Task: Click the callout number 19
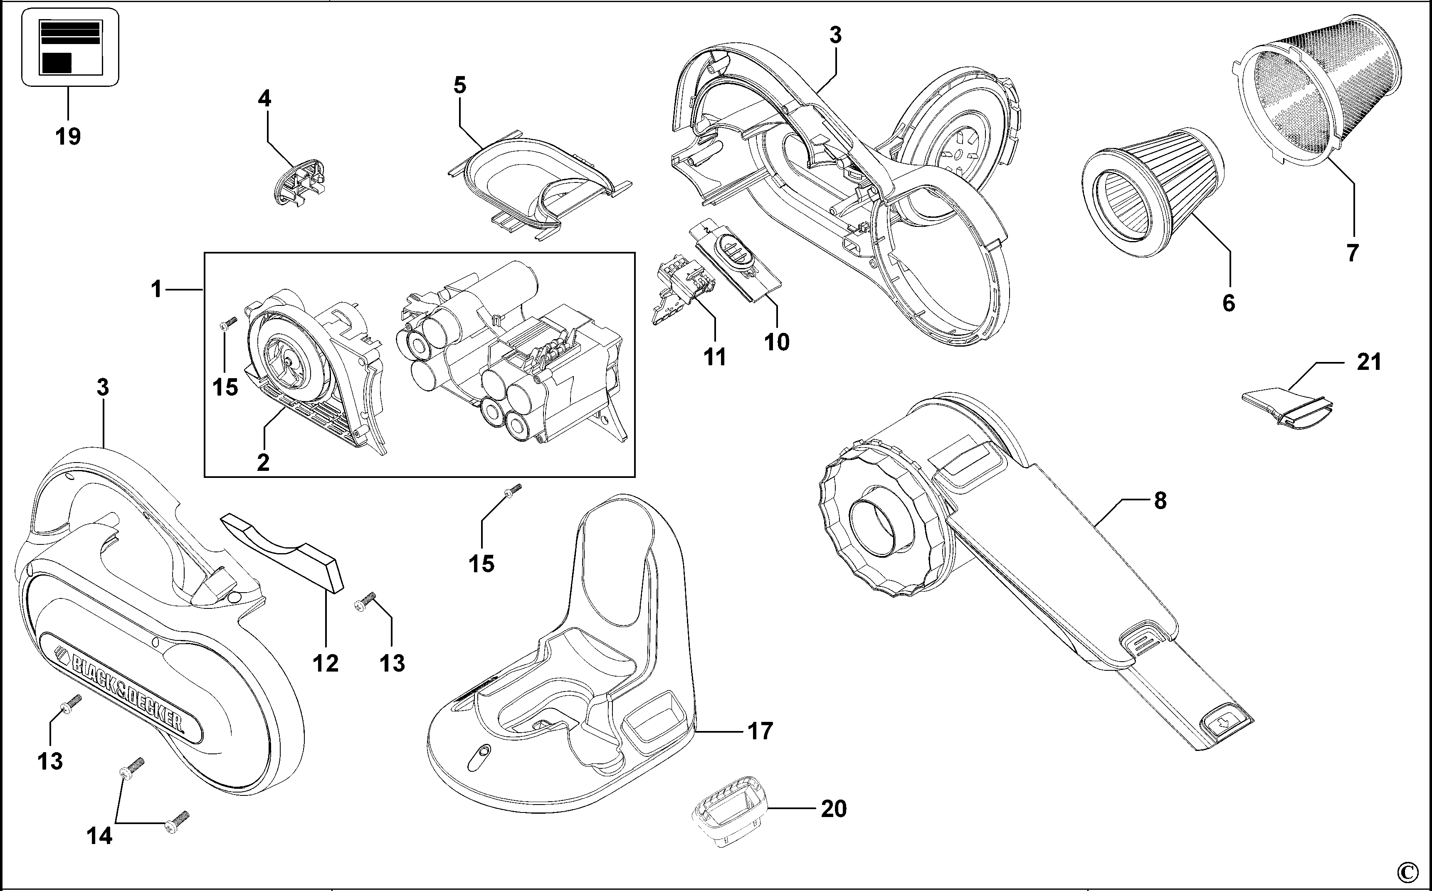(x=68, y=137)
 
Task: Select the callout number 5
(x=460, y=86)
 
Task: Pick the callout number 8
(x=1160, y=500)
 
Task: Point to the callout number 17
(x=760, y=731)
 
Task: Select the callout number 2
(x=263, y=462)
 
